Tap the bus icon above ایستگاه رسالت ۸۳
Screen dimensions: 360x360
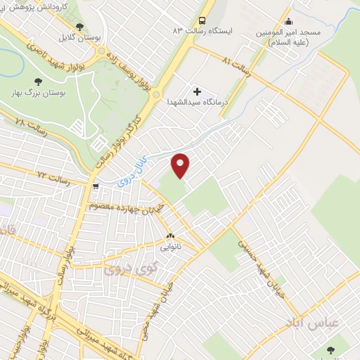(203, 20)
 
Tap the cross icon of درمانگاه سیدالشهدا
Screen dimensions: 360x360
(196, 91)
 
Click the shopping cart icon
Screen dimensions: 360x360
(96, 186)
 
